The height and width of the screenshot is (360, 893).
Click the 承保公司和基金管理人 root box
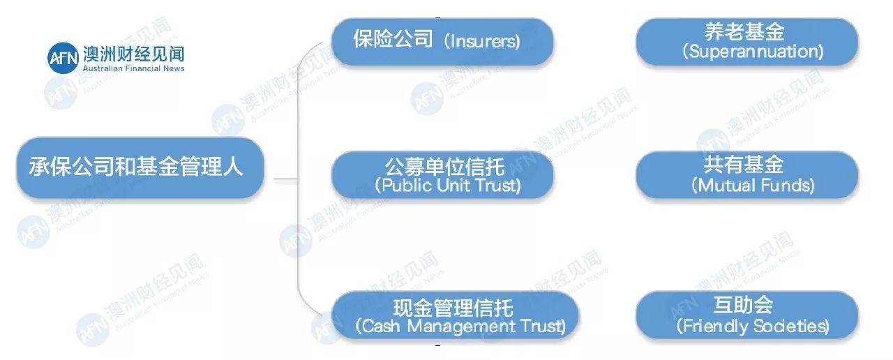coord(140,167)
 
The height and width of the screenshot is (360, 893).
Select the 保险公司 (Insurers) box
coord(442,40)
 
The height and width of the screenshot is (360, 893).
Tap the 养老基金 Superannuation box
coord(746,42)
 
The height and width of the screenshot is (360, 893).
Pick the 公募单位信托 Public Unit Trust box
coord(442,174)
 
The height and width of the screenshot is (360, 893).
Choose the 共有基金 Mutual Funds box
coord(746,174)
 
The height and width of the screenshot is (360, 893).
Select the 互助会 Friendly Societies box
coord(746,315)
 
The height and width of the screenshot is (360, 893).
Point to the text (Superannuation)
coord(753,52)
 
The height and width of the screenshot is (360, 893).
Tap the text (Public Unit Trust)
coord(447,186)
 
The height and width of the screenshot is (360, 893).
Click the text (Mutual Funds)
coord(753,186)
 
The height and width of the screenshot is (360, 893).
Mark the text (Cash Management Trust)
coord(460,326)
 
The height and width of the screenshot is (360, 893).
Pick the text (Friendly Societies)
coord(753,326)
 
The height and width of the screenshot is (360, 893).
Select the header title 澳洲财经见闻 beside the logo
coord(133,54)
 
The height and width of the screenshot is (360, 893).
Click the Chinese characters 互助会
coord(743,306)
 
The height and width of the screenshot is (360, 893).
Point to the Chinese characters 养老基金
coord(744,32)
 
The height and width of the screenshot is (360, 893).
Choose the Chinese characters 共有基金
coord(744,165)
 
